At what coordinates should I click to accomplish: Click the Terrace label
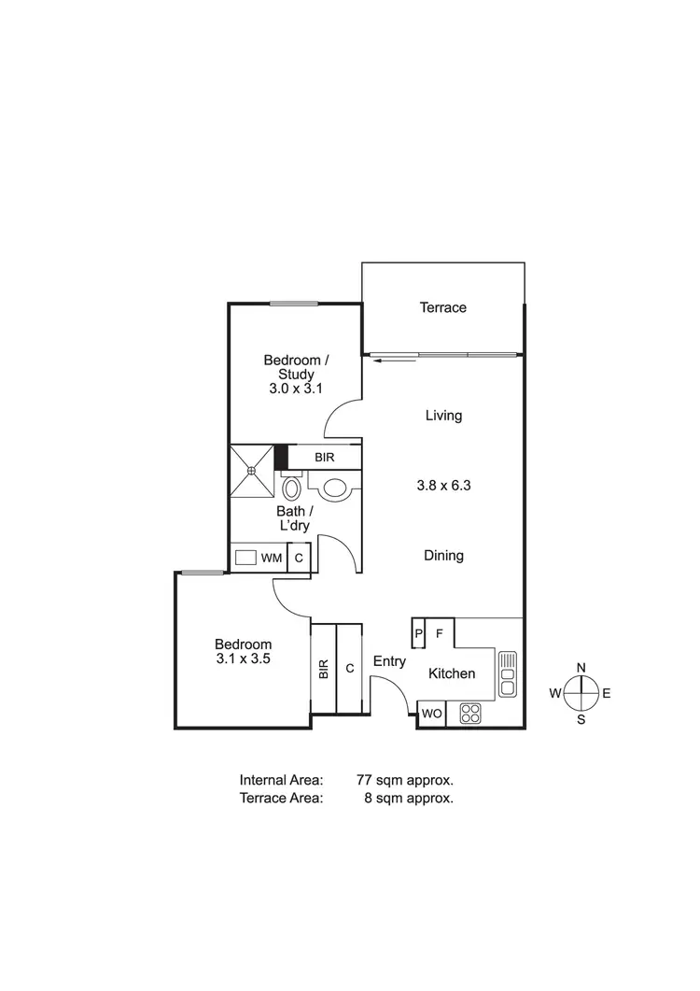click(442, 307)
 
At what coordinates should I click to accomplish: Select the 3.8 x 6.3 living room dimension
click(443, 485)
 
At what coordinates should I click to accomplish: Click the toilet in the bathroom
click(291, 488)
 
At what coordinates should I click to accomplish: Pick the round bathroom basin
click(333, 486)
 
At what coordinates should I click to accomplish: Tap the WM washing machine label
click(272, 558)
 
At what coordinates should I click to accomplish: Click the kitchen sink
click(507, 673)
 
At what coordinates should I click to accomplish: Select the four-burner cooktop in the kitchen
click(469, 714)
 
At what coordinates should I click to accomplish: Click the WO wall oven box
click(431, 714)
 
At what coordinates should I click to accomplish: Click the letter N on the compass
click(581, 667)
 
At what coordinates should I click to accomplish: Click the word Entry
click(389, 661)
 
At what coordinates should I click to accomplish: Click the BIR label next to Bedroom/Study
click(324, 457)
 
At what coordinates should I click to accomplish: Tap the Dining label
click(443, 556)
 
